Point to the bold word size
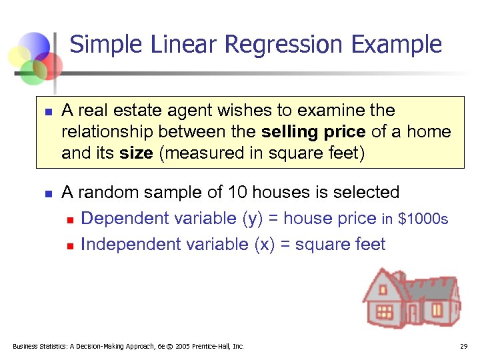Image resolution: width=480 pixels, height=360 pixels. point(137,153)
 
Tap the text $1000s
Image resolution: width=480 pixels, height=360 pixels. point(423,219)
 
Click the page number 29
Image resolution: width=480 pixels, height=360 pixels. point(463,347)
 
